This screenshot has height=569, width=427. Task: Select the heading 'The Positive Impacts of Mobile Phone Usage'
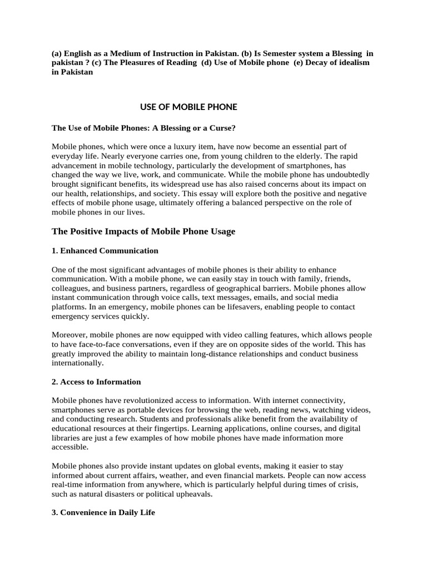143,231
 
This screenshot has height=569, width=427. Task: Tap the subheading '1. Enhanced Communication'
105,251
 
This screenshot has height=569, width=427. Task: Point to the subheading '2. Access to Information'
96,382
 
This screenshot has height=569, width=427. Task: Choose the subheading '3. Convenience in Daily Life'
103,513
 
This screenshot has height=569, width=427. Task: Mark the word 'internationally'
77,363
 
